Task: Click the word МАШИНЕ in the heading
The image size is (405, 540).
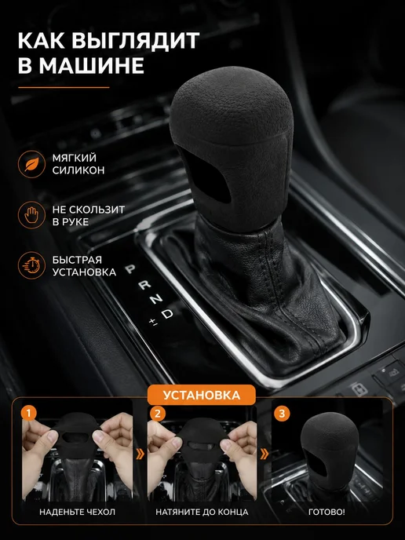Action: click(91, 65)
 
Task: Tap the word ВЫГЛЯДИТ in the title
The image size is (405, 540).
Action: click(135, 40)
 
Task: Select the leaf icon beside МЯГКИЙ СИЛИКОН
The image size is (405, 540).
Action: click(31, 164)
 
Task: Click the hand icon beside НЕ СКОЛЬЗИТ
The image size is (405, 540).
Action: click(31, 215)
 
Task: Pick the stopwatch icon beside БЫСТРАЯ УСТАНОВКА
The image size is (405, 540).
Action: click(31, 265)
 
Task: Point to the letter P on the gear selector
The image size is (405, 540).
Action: click(130, 269)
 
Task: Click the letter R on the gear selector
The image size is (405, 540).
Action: click(144, 285)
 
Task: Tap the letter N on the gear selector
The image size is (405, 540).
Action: click(156, 299)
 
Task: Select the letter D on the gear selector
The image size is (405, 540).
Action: click(167, 314)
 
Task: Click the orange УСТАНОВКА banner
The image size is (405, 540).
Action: click(202, 395)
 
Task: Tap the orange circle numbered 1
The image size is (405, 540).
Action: click(28, 413)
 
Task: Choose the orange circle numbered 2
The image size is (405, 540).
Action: click(158, 413)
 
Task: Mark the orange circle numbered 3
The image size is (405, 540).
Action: click(282, 413)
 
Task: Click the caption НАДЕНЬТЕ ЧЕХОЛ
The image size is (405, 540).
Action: click(77, 512)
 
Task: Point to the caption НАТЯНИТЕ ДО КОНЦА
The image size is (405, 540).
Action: click(202, 512)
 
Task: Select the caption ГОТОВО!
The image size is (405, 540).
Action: click(327, 512)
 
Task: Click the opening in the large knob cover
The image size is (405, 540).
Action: click(206, 177)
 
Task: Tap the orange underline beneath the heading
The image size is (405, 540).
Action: click(64, 87)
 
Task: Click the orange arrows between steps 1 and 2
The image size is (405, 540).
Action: click(140, 454)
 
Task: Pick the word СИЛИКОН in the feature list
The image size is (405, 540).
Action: click(78, 170)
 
